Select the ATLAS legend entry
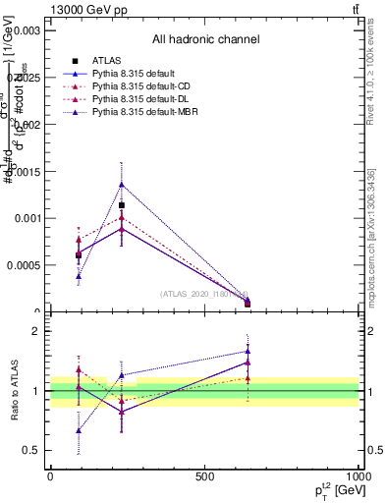(x=107, y=61)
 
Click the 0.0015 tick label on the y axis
(x=22, y=171)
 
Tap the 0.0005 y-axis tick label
(x=22, y=265)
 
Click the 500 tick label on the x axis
(x=204, y=476)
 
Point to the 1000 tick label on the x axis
(x=358, y=476)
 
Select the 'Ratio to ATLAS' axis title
(x=14, y=391)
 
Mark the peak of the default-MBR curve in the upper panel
(x=121, y=184)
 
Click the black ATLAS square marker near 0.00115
(x=121, y=205)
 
